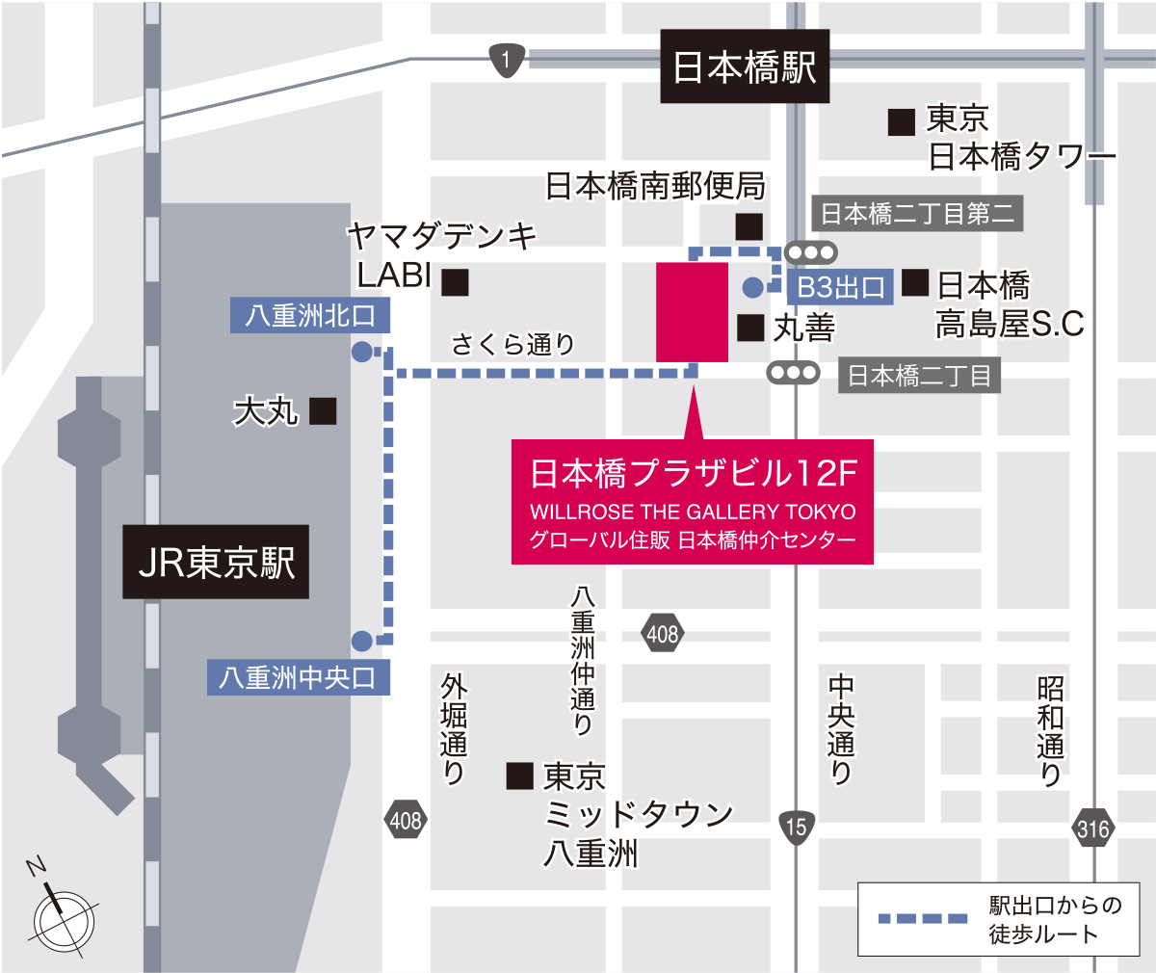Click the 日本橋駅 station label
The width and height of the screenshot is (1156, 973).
[x=744, y=67]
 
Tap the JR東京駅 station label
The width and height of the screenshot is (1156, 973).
[x=216, y=563]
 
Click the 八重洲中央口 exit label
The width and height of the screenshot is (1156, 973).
[x=298, y=677]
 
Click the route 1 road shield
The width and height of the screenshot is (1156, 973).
[x=507, y=61]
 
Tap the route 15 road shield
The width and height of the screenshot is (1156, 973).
[x=796, y=827]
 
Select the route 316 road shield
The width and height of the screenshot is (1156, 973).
[x=1092, y=828]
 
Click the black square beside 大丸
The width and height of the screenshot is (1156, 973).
[x=323, y=411]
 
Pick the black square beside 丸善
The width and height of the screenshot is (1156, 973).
[x=750, y=328]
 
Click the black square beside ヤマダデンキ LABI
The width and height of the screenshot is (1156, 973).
[x=455, y=281]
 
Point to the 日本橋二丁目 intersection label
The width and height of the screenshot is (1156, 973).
[x=919, y=375]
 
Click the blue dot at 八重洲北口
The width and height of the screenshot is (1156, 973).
[x=361, y=352]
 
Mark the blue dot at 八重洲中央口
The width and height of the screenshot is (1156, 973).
[x=361, y=640]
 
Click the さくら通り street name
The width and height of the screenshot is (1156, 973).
[x=512, y=344]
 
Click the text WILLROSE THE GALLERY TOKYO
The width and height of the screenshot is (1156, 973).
[x=693, y=512]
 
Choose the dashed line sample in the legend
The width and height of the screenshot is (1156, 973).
[x=923, y=918]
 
